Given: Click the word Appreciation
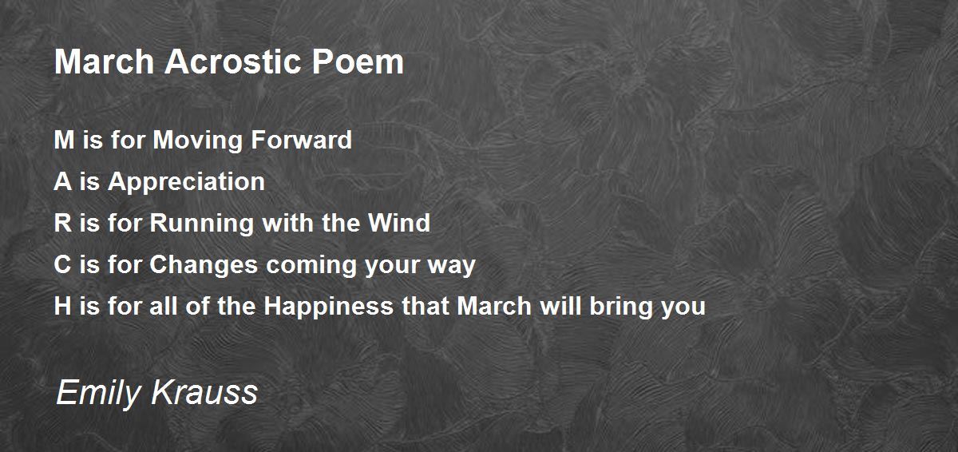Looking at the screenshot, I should point(186,182).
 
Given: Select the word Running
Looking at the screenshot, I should point(199,224).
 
